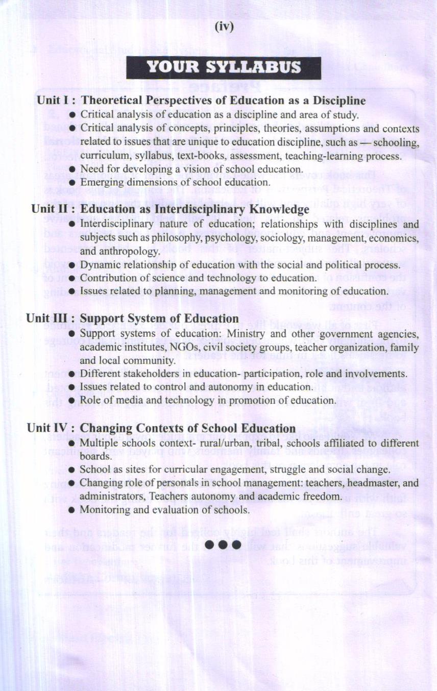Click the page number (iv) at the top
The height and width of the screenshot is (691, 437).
(x=224, y=27)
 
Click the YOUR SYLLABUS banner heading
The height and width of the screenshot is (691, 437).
(x=224, y=68)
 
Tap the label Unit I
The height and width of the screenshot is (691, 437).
(x=53, y=100)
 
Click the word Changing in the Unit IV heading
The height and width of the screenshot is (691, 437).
(x=105, y=428)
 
